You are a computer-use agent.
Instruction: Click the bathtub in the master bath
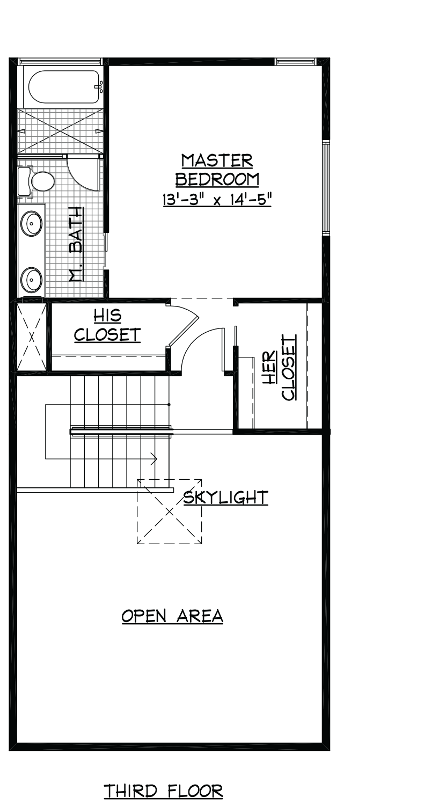(63, 87)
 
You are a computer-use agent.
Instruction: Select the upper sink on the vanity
(31, 224)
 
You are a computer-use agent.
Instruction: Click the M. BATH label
(76, 244)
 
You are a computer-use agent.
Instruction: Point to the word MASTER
(217, 161)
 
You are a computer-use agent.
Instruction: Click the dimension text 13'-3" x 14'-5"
(217, 200)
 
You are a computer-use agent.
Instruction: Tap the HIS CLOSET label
(107, 326)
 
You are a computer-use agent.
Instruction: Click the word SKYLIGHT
(225, 497)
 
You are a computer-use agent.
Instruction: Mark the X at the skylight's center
(169, 511)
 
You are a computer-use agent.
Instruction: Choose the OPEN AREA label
(172, 616)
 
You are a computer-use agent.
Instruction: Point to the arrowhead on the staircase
(155, 459)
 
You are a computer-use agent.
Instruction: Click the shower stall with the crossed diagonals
(60, 131)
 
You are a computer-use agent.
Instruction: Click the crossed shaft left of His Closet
(32, 336)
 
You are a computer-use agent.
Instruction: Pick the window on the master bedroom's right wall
(326, 188)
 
